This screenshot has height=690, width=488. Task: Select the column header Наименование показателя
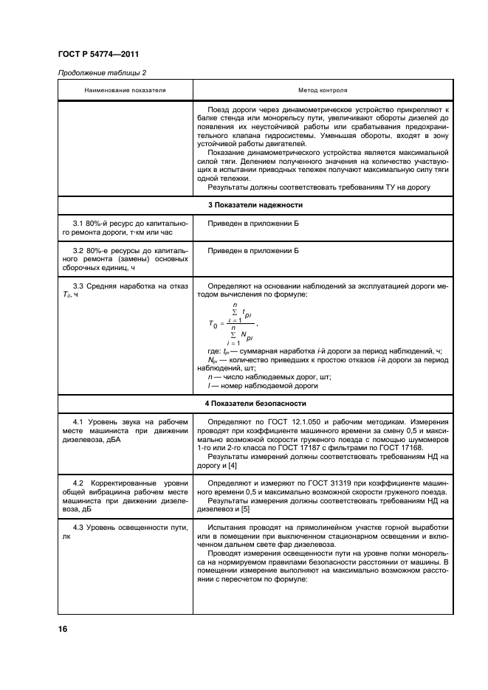coord(126,89)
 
